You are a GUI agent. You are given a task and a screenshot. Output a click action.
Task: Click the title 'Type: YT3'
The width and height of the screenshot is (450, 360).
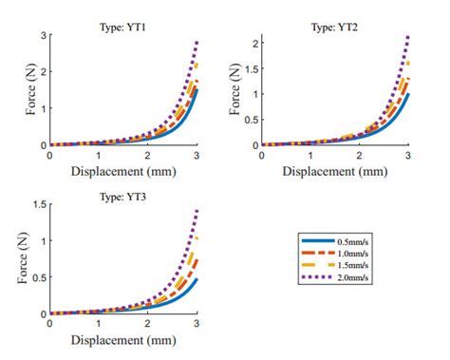point(123,196)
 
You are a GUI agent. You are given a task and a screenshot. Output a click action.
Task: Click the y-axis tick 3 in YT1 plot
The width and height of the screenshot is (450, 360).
point(42,35)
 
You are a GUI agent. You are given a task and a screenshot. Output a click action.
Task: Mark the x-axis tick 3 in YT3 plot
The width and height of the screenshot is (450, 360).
point(197,323)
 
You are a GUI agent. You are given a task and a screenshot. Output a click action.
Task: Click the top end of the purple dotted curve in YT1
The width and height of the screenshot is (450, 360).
point(197,42)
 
